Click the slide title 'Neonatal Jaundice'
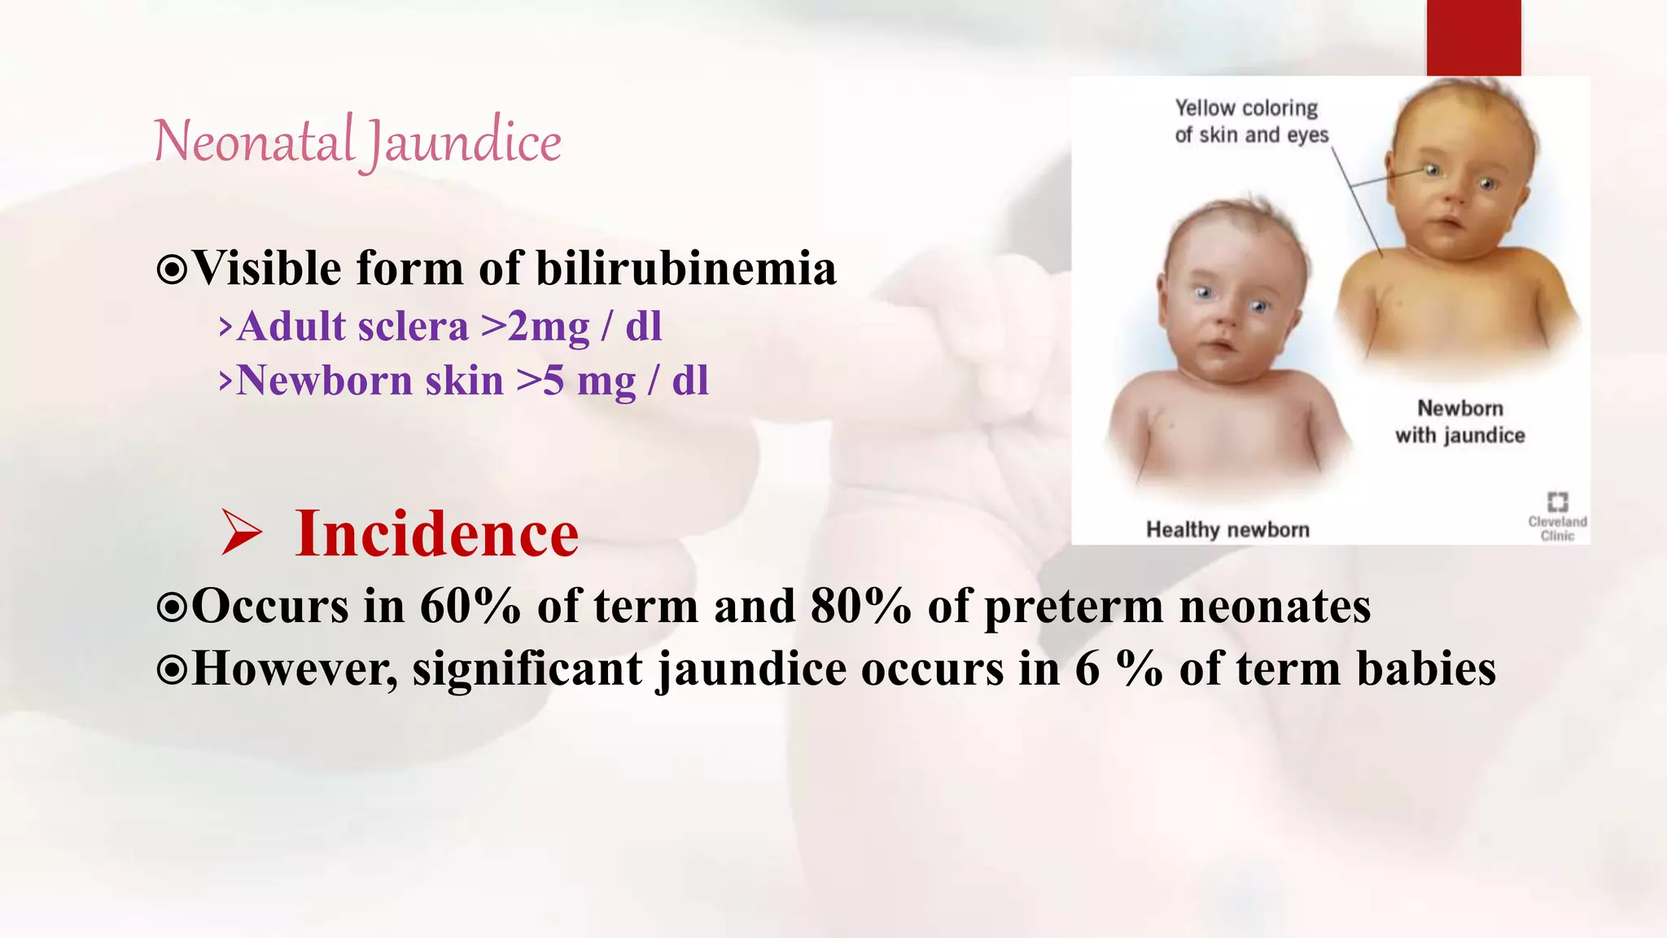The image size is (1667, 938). [357, 142]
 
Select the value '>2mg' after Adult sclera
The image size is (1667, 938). [535, 327]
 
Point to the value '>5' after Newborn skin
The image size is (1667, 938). [540, 381]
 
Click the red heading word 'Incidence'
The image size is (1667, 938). [437, 534]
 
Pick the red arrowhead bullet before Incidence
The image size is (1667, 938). [241, 533]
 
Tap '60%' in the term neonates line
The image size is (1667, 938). [470, 607]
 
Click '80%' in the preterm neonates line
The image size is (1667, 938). [860, 607]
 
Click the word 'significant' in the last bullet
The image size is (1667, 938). [527, 669]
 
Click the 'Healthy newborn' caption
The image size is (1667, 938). [1227, 530]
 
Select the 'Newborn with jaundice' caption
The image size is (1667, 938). [1460, 422]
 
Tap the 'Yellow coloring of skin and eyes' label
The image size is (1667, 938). [1250, 121]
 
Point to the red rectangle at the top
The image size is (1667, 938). [1473, 37]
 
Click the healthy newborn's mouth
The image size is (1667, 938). [1220, 345]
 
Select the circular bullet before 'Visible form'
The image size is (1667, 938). [172, 270]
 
